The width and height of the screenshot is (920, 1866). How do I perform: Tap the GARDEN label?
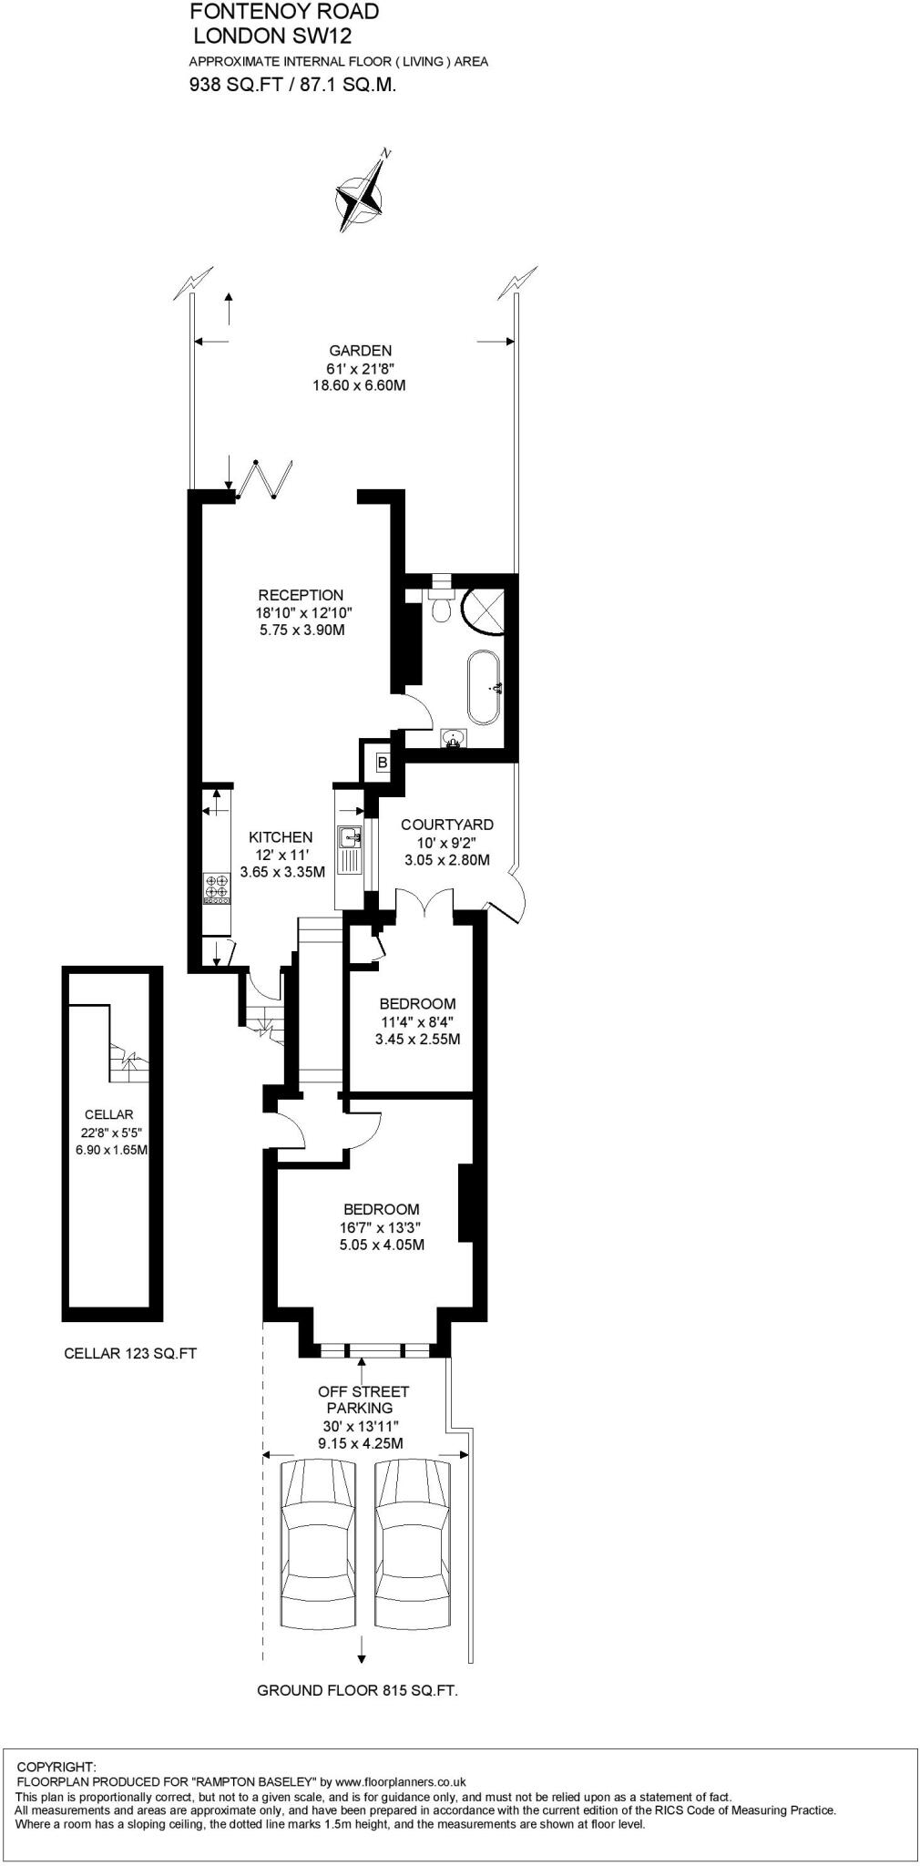point(360,351)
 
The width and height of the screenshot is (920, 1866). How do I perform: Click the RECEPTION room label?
point(300,596)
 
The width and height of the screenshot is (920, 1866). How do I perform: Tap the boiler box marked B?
point(382,762)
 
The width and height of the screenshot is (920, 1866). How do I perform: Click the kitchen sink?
point(349,836)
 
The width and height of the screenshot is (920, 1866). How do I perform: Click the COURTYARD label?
point(447,825)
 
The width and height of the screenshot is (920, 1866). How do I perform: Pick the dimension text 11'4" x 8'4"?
point(417,1021)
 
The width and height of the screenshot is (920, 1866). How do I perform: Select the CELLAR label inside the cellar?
point(108,1114)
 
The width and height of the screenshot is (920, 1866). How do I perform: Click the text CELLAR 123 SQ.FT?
point(130,1354)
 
